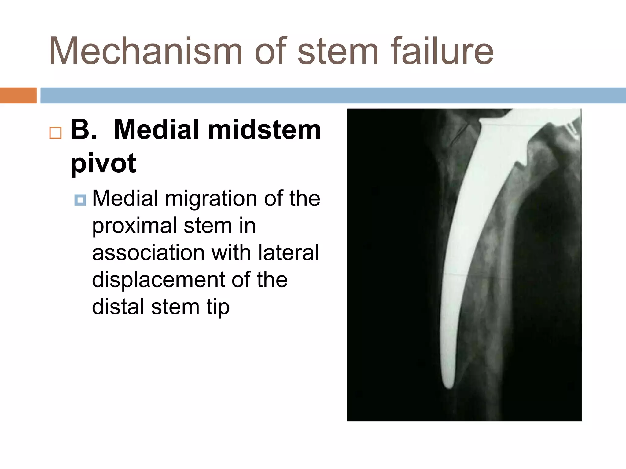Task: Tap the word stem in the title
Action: point(338,51)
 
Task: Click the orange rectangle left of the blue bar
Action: point(18,95)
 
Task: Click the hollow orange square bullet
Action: point(55,133)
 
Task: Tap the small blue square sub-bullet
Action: point(80,200)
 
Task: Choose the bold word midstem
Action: point(264,130)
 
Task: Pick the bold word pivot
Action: point(103,163)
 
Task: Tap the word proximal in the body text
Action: point(134,226)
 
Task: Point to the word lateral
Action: point(289,253)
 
